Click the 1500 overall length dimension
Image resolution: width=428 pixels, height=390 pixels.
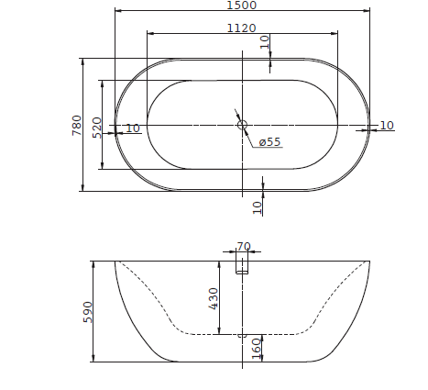pyautogui.click(x=242, y=6)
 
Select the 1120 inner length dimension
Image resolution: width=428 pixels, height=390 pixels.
pyautogui.click(x=242, y=28)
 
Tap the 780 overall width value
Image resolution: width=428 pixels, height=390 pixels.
pyautogui.click(x=77, y=125)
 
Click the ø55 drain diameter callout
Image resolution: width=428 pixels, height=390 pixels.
pyautogui.click(x=269, y=142)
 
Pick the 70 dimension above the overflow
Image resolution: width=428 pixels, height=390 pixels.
pyautogui.click(x=243, y=246)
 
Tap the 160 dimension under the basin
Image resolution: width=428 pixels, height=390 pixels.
pyautogui.click(x=257, y=347)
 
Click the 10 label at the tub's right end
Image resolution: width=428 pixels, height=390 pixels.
pyautogui.click(x=386, y=126)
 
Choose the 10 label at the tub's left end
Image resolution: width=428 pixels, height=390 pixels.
pyautogui.click(x=133, y=128)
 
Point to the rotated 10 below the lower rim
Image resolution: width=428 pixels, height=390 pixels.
pyautogui.click(x=258, y=207)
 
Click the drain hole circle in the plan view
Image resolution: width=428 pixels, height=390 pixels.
pyautogui.click(x=243, y=125)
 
